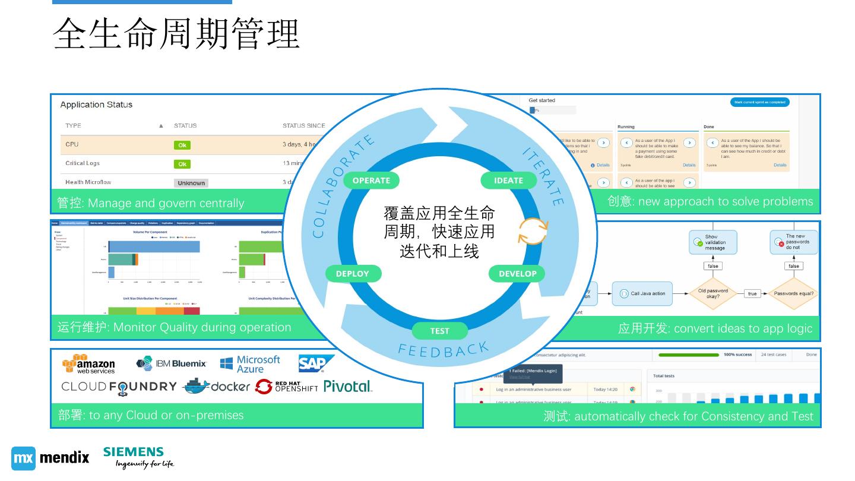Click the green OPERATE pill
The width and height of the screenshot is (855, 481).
pos(371,181)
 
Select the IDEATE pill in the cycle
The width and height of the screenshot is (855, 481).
pos(508,181)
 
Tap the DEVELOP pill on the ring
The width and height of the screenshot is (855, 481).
pos(517,274)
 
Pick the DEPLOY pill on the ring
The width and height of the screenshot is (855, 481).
pos(353,274)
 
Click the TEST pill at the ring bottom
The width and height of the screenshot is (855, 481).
pos(439,331)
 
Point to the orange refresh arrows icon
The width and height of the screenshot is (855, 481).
pos(533,231)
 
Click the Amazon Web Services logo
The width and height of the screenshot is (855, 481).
pos(88,364)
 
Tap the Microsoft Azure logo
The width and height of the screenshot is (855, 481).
pos(250,364)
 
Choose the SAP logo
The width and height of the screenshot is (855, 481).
pos(315,363)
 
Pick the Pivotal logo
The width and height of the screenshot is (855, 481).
pos(348,387)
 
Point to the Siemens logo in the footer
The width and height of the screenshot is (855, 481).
pos(138,457)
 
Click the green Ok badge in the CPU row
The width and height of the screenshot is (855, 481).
pos(182,145)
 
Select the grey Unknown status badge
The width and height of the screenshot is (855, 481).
pos(191,183)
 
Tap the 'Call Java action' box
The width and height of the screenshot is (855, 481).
pos(642,293)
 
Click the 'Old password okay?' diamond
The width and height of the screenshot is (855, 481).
pos(713,293)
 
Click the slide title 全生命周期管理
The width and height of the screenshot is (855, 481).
pos(177,34)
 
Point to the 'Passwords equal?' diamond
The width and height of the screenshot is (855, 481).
pos(793,293)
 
